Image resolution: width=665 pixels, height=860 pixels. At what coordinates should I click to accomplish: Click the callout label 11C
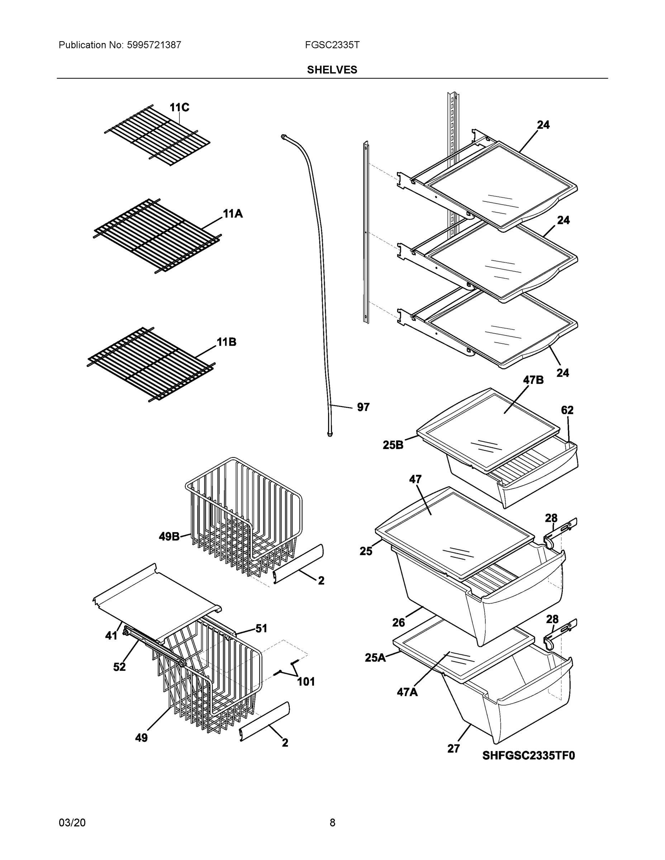179,107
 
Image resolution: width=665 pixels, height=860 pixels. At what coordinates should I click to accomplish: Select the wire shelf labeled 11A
158,236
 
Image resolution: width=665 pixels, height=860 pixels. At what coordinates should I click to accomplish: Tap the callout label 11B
227,342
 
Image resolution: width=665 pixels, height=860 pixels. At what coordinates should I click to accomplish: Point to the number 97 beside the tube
363,407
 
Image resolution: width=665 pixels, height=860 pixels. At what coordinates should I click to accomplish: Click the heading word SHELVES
332,70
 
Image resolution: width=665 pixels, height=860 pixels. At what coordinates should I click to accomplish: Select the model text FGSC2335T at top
332,45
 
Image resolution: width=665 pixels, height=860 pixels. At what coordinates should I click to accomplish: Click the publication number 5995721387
154,45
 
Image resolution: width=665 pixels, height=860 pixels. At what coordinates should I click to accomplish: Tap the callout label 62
567,410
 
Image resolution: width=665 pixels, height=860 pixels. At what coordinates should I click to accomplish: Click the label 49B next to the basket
169,536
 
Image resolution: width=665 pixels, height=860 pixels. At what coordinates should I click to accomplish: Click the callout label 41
111,636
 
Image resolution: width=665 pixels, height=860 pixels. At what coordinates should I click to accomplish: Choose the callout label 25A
375,658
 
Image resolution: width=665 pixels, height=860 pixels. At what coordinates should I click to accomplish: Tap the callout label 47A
407,692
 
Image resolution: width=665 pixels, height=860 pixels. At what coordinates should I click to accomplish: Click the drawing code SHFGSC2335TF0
528,756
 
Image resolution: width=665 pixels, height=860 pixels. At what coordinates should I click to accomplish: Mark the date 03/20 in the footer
72,823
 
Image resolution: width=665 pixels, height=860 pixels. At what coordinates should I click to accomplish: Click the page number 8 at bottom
332,823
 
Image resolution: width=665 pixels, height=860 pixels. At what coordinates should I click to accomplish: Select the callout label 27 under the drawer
453,749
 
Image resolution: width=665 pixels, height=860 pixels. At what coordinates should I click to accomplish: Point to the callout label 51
261,629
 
